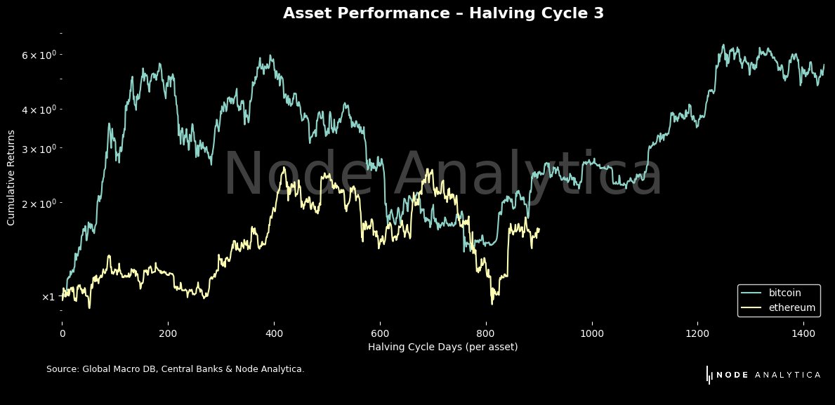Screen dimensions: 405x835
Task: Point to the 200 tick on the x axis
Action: pyautogui.click(x=168, y=334)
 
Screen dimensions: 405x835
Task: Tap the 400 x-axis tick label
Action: pyautogui.click(x=274, y=334)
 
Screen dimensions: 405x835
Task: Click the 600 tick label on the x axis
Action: pyautogui.click(x=380, y=334)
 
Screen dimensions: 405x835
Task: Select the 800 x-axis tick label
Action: pyautogui.click(x=486, y=334)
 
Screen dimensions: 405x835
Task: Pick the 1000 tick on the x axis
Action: pyautogui.click(x=592, y=334)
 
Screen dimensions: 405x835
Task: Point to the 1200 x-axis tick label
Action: pyautogui.click(x=698, y=334)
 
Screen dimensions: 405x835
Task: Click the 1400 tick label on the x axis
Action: pyautogui.click(x=804, y=334)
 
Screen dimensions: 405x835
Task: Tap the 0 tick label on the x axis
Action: pyautogui.click(x=62, y=334)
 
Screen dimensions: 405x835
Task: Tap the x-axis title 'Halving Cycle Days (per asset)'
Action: pyautogui.click(x=443, y=347)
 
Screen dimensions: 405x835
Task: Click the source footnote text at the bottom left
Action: pyautogui.click(x=175, y=369)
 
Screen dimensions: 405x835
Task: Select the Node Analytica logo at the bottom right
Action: pyautogui.click(x=763, y=375)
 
